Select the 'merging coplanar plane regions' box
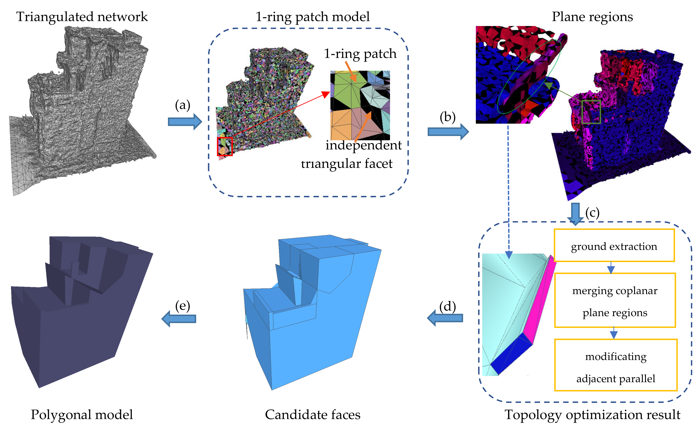pyautogui.click(x=615, y=301)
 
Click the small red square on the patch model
pyautogui.click(x=225, y=146)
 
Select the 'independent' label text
pyautogui.click(x=363, y=145)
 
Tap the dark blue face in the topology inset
pyautogui.click(x=511, y=353)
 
